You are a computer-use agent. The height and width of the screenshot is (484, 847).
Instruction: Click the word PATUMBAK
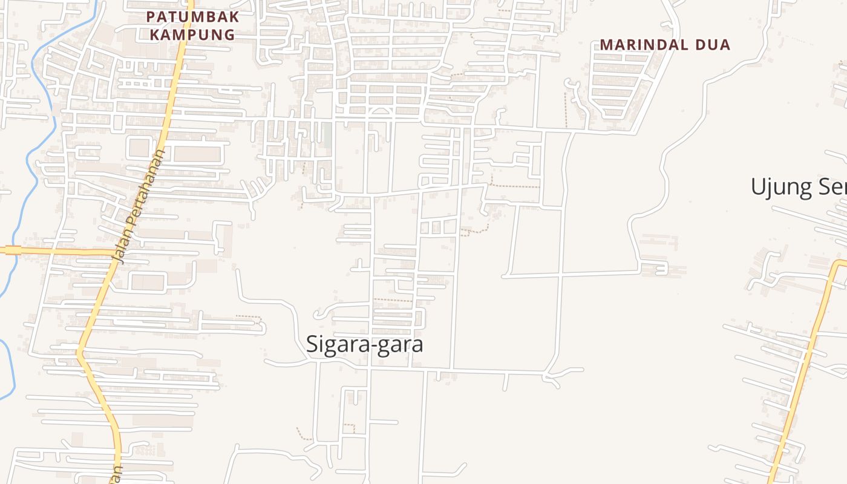[192, 16]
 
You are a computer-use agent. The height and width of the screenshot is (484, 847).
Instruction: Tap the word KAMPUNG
[192, 34]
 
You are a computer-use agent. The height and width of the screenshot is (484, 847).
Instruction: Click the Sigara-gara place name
[364, 344]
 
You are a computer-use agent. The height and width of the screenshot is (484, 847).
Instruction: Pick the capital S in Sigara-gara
[312, 344]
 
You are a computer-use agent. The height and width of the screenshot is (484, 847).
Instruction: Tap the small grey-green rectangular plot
[327, 135]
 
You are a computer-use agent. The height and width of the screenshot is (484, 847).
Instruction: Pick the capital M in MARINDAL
[606, 45]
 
